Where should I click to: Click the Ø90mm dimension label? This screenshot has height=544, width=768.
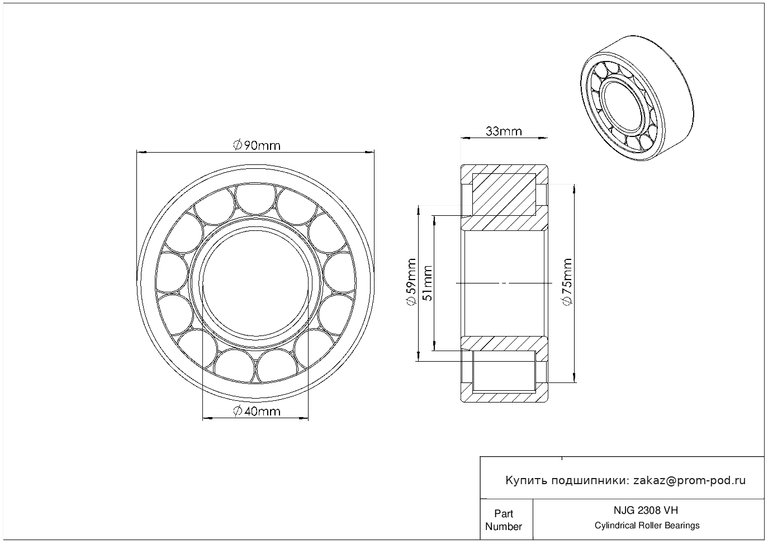tap(257, 145)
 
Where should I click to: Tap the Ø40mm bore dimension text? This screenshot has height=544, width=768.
tap(257, 411)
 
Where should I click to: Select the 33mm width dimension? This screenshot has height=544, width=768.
tap(504, 131)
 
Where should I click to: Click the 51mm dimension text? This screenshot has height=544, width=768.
tap(428, 283)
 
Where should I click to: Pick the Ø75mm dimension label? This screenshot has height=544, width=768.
tap(567, 282)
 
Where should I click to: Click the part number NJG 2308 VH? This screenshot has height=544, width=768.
tap(646, 510)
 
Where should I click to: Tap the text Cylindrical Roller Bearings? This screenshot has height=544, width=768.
tap(647, 526)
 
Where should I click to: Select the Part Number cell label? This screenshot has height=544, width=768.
tap(503, 519)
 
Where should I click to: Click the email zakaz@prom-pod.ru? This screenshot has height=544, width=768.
tap(689, 480)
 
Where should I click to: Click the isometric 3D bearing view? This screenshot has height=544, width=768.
tap(637, 98)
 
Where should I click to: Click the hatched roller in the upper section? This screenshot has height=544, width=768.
tap(504, 195)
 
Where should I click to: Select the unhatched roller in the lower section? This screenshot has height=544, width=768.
tap(504, 371)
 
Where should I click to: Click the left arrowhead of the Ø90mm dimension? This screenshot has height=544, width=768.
tap(141, 152)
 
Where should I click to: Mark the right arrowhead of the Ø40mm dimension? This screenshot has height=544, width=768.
tap(304, 418)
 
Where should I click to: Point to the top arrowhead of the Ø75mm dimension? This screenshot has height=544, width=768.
tap(574, 189)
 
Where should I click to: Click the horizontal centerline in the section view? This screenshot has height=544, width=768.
tap(504, 283)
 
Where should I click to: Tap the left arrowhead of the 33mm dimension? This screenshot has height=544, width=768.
tap(466, 138)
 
